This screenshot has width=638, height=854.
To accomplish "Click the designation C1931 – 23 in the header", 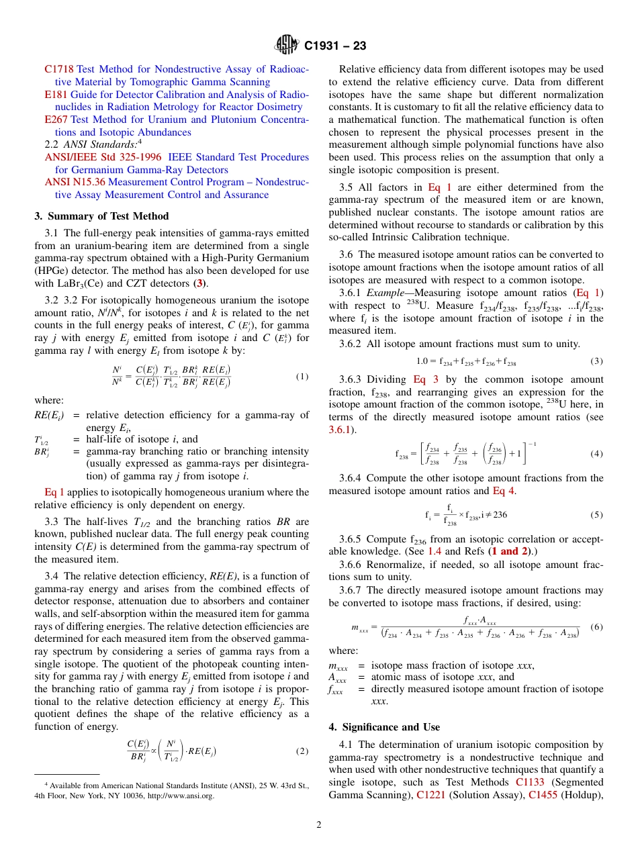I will (335, 46).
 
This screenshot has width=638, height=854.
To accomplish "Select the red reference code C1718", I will (59, 69).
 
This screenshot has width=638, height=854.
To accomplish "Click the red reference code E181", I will (56, 95).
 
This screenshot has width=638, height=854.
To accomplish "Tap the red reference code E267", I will (56, 120).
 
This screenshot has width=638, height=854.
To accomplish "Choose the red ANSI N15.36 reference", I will (75, 182).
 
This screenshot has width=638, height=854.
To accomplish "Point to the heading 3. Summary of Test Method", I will (101, 216).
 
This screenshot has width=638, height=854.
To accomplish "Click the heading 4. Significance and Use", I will (384, 727).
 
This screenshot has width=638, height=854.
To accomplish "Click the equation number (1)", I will (302, 377).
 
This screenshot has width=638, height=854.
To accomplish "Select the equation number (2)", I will (302, 751).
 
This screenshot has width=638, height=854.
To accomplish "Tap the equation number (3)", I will (596, 361).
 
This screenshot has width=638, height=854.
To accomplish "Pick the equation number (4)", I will (596, 454).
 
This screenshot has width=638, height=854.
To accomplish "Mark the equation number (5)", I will (596, 515).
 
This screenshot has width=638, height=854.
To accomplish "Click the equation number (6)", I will (596, 627).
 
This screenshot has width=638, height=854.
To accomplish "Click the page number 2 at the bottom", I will (319, 826).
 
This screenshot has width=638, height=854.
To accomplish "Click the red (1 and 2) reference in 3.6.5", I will (510, 551).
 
